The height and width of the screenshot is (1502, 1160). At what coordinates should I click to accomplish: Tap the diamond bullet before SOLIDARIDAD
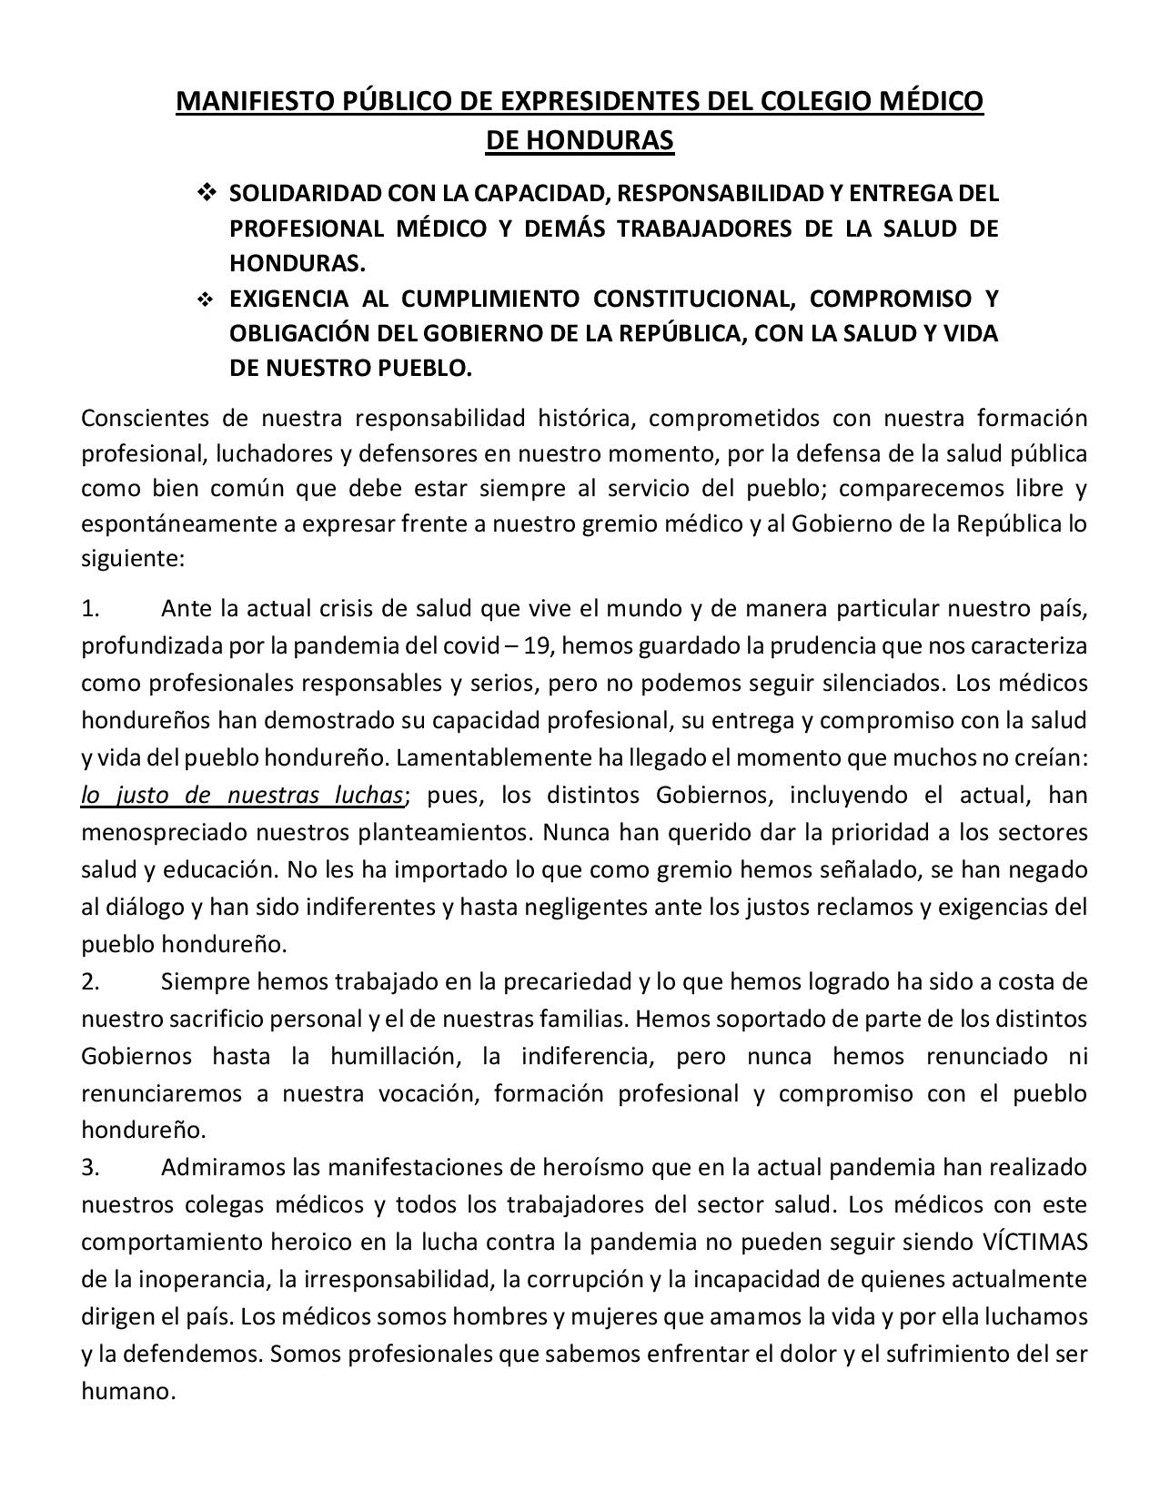(205, 193)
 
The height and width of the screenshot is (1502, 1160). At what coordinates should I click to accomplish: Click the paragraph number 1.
(89, 608)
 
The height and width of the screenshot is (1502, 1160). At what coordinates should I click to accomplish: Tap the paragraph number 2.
(89, 981)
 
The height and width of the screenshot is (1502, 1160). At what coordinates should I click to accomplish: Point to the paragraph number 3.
(89, 1167)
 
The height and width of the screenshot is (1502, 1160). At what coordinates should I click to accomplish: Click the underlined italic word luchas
(367, 795)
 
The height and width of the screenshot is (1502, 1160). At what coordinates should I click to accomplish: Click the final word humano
(126, 1391)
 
